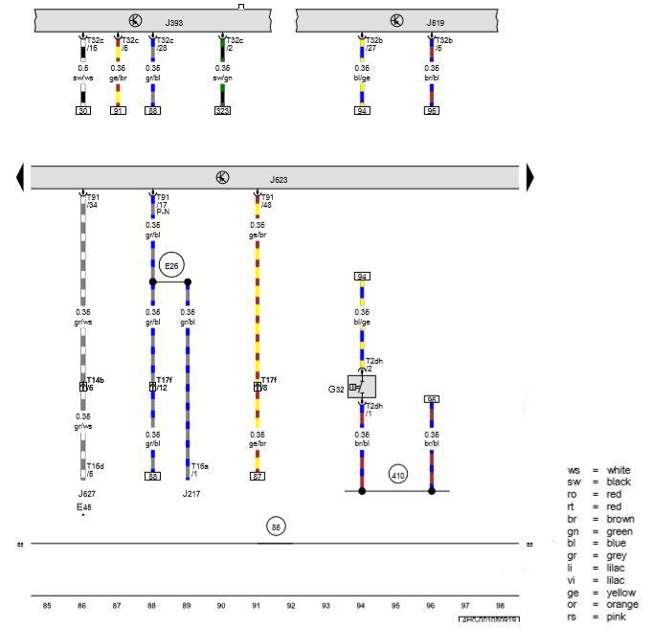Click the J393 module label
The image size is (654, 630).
coord(173,20)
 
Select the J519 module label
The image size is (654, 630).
coord(436,20)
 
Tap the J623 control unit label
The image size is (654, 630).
coord(278,179)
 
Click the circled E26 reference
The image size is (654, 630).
coord(171,265)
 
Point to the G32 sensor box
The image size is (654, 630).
coord(363,387)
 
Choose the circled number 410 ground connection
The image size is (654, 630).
coord(397,474)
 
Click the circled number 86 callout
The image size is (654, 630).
coord(277,526)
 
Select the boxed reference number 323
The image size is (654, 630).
coord(222,111)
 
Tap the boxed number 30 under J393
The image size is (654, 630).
coord(82,111)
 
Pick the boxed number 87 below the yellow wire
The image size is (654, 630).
coord(257,476)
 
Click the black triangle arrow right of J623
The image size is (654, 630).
coord(530,178)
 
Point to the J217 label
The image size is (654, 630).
coord(192,494)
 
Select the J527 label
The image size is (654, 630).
coord(86,494)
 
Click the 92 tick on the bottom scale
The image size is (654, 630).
coord(291,605)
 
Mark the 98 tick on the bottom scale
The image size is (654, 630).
coord(500,605)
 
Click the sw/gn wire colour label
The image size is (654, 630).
coord(222,78)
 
